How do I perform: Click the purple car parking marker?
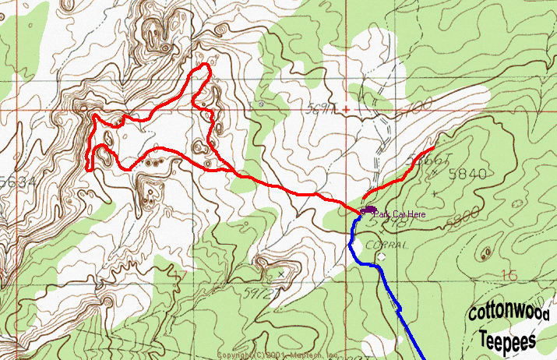(368, 211)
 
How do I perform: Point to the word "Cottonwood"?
(509, 314)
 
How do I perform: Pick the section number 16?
(510, 275)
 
